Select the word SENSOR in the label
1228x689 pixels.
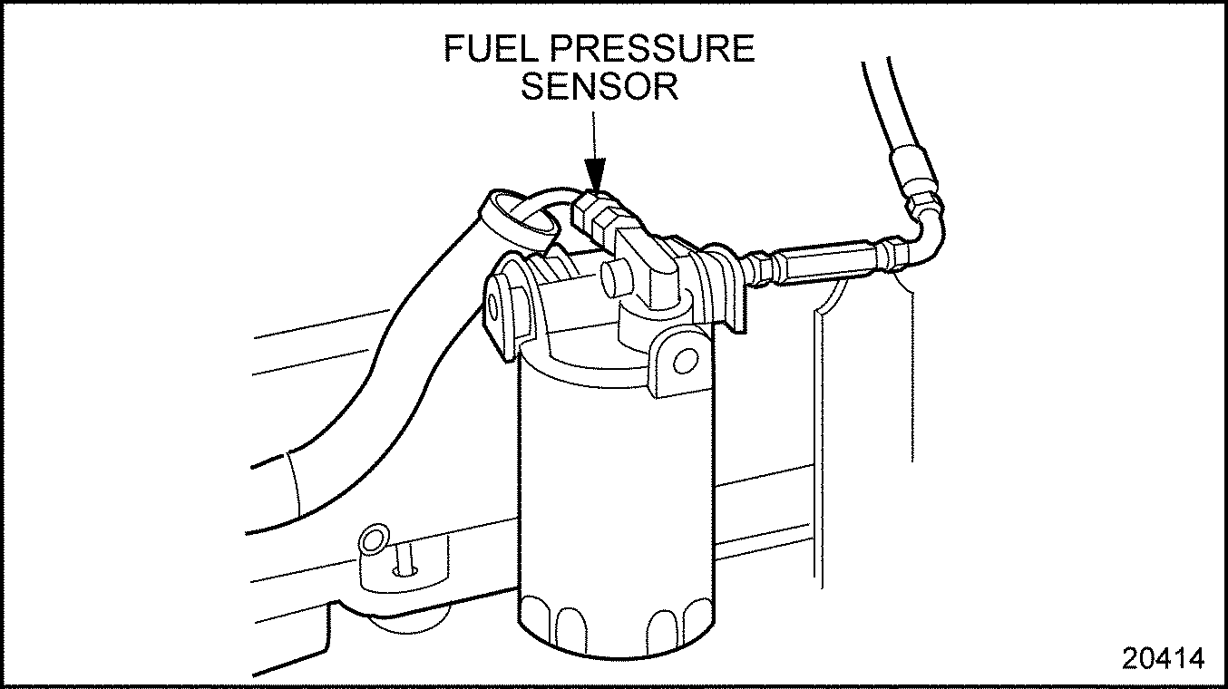click(599, 87)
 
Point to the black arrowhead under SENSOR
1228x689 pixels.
click(594, 171)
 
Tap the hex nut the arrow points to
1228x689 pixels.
click(594, 211)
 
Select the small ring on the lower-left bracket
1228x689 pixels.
click(372, 541)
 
